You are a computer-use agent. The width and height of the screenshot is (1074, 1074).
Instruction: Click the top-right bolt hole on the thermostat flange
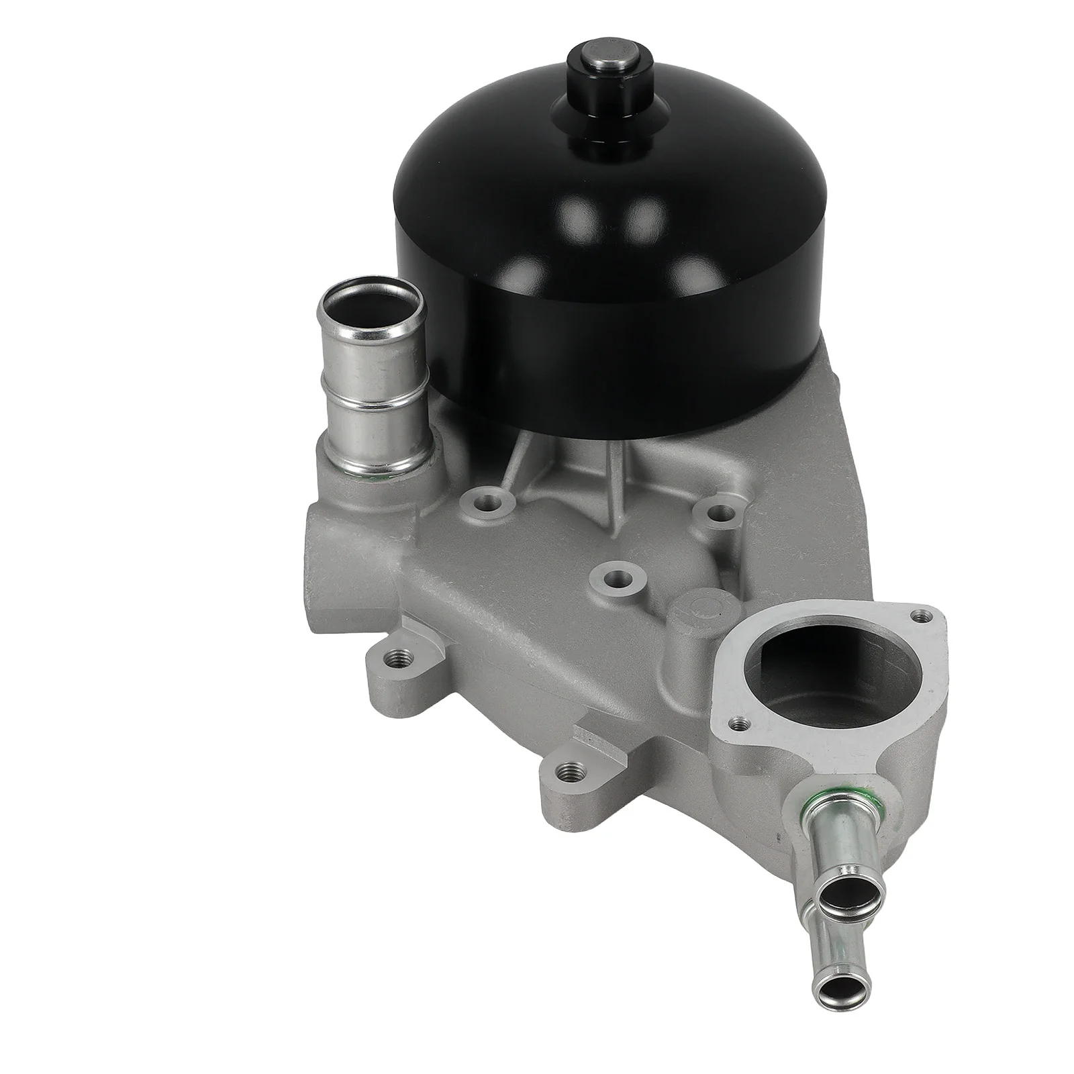click(927, 614)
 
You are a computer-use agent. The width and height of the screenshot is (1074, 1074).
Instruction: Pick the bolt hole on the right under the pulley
click(720, 514)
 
